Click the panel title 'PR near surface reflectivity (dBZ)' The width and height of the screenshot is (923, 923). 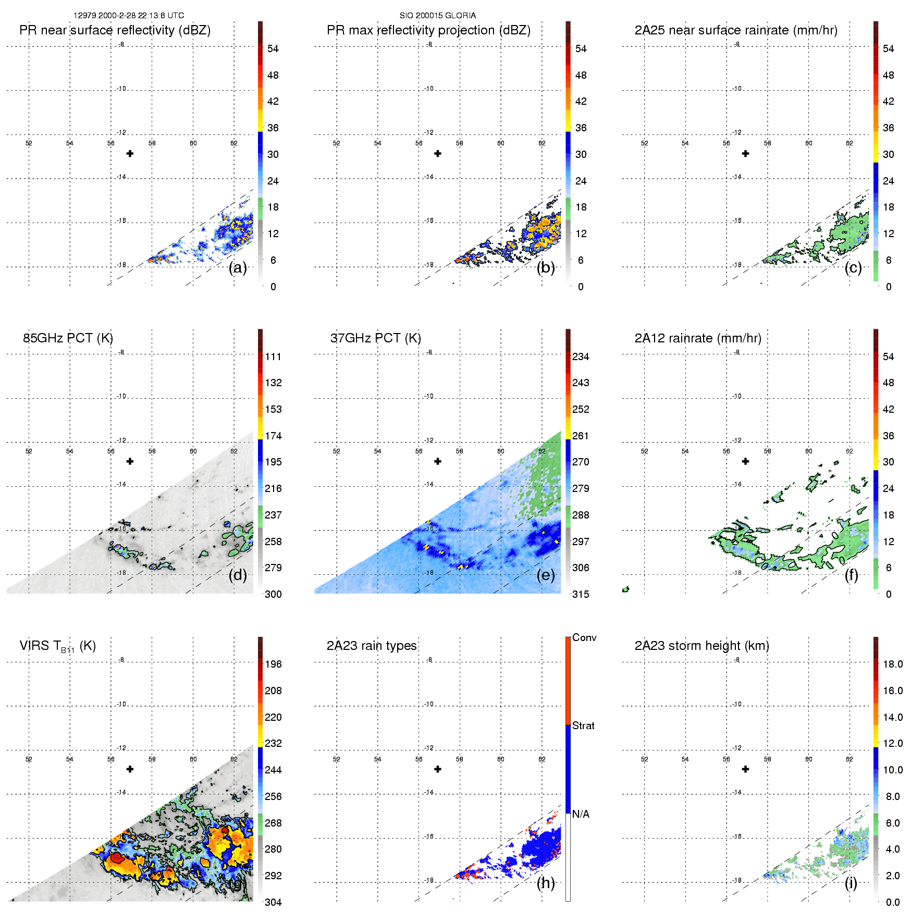[x=115, y=30]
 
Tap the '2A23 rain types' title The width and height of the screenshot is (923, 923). [x=372, y=646]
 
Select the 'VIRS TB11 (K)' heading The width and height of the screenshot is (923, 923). [x=57, y=646]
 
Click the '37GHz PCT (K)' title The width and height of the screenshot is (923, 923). [x=375, y=338]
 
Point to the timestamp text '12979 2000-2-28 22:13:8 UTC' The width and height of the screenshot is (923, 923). [x=128, y=16]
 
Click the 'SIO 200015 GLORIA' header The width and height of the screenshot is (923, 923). [x=437, y=16]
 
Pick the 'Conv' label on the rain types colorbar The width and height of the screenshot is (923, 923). [x=584, y=637]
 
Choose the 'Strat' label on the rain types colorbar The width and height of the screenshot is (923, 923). [x=583, y=725]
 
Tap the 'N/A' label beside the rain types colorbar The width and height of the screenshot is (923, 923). [x=581, y=814]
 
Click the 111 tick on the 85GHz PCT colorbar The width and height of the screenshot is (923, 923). [x=273, y=357]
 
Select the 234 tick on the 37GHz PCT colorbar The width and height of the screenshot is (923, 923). [x=581, y=357]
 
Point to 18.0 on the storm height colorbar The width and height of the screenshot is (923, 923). [x=892, y=664]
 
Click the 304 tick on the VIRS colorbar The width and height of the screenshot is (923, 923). [x=273, y=902]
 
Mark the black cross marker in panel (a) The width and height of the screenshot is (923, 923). [x=130, y=153]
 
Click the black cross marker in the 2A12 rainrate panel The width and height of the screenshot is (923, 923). [x=745, y=461]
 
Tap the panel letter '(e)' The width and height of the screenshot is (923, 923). [x=545, y=575]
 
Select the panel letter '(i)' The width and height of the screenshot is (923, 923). [x=851, y=883]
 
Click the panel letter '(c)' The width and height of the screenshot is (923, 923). [x=853, y=268]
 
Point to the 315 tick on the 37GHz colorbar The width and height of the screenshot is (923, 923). [x=581, y=594]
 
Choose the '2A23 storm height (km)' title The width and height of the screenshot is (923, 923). [x=702, y=646]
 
